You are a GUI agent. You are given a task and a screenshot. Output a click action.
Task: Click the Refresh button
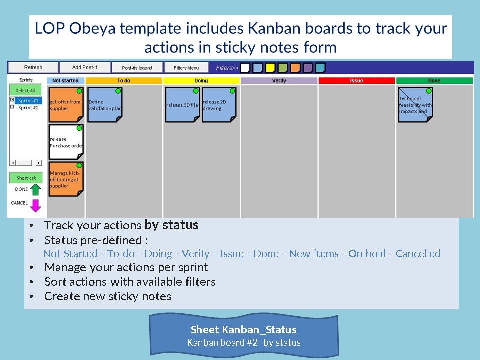pos(33,67)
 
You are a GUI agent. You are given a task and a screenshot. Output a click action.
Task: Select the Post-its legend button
pos(137,68)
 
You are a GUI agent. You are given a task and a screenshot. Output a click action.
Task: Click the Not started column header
pos(66,81)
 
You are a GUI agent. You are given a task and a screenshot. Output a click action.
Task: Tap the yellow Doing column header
pos(201,81)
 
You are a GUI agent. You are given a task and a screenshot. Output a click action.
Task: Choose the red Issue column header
pos(356,81)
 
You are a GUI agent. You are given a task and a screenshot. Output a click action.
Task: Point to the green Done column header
pos(434,81)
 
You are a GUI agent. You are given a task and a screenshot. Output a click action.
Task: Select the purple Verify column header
pos(279,81)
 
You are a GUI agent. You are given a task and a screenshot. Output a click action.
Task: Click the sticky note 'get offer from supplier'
pos(66,105)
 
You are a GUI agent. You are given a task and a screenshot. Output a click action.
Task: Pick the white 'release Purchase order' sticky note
pos(66,142)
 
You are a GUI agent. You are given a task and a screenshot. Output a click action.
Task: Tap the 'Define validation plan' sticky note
pos(105,105)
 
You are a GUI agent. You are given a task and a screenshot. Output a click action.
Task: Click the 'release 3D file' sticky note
pos(182,105)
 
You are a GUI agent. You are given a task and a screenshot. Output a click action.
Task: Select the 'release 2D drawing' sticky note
pos(219,105)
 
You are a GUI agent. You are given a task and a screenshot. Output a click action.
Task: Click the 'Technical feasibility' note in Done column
pos(415,105)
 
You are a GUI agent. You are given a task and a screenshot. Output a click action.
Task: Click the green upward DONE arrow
pos(35,189)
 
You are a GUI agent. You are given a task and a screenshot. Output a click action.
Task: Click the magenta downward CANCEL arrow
pos(35,205)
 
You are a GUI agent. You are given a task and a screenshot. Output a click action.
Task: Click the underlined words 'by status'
pos(171,225)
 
